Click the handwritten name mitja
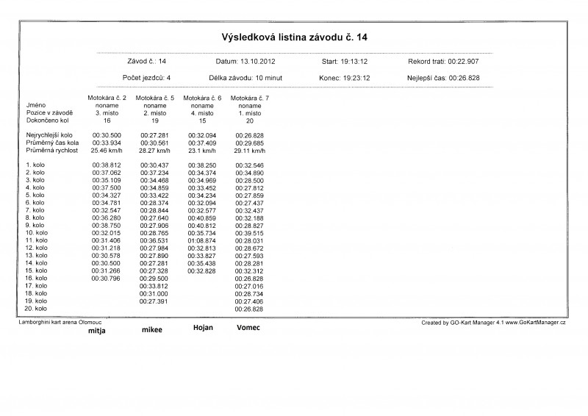97,331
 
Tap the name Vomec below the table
248,327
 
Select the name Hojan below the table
203,327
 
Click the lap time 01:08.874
201,240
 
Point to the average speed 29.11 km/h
249,149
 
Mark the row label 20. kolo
36,309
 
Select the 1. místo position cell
249,113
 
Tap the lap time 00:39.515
249,232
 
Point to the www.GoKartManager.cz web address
537,323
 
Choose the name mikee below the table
152,330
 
